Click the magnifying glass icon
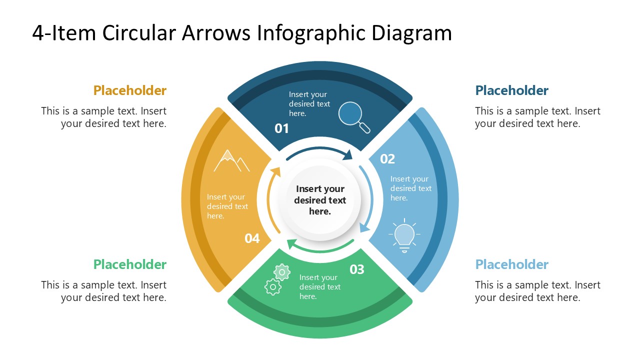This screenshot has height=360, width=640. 353,116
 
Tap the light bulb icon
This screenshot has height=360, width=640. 404,235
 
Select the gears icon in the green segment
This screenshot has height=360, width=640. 277,279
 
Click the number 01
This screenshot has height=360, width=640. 282,128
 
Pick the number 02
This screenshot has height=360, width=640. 387,159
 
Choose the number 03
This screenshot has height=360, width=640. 357,269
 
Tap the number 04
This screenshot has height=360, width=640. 252,238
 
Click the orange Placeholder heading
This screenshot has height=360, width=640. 129,90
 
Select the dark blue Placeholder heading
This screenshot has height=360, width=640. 511,90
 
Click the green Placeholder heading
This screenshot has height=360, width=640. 129,264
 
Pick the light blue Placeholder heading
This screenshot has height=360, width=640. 511,264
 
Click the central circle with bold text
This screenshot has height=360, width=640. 320,200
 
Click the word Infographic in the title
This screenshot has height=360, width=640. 311,33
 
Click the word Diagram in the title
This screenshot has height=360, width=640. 411,33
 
